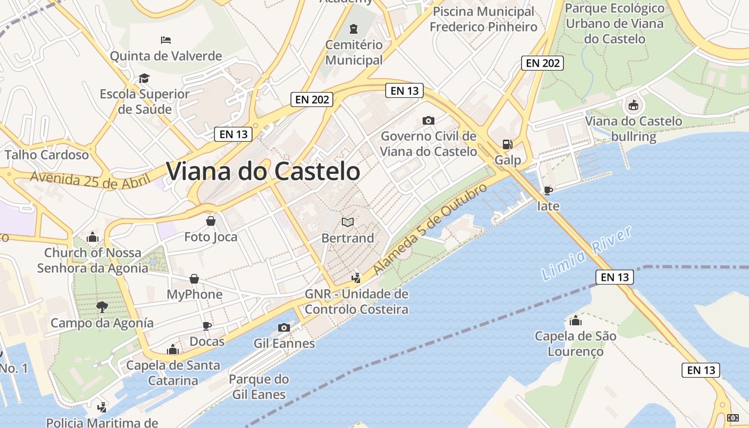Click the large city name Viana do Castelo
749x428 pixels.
click(x=263, y=171)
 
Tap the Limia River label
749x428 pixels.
click(x=587, y=254)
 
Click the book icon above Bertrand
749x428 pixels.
click(x=348, y=221)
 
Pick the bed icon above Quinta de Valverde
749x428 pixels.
click(x=166, y=40)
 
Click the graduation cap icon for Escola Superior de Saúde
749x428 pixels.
click(x=144, y=79)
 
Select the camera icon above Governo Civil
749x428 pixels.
click(x=428, y=120)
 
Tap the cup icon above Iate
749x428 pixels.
click(x=548, y=190)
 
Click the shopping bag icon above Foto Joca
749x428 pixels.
click(x=211, y=220)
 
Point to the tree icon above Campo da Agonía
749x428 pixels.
click(x=102, y=307)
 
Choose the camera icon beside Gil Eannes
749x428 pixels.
click(x=284, y=327)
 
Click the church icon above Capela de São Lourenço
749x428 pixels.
click(x=576, y=320)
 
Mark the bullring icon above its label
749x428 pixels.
click(x=633, y=105)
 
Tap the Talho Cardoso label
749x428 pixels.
click(x=47, y=155)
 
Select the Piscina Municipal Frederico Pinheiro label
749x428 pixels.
click(x=483, y=19)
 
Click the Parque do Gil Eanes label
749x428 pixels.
click(x=259, y=387)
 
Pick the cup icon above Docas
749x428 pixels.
click(x=207, y=326)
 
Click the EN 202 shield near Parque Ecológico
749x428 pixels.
click(x=542, y=63)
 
